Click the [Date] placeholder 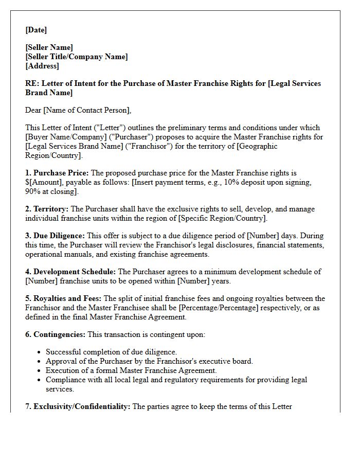36,30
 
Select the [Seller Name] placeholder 49,47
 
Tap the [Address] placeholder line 42,66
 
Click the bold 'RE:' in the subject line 32,83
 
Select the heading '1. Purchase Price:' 57,173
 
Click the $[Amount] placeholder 44,182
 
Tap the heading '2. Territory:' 47,209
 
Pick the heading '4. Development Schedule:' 71,272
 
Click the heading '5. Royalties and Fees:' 64,298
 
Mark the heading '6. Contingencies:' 55,334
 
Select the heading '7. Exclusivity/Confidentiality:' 78,406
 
